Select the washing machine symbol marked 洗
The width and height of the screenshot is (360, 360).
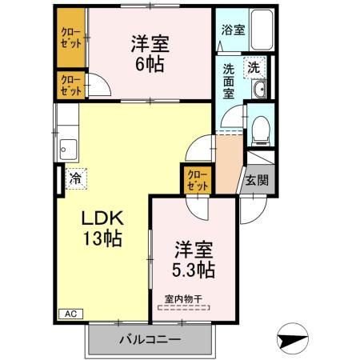[x=253, y=68]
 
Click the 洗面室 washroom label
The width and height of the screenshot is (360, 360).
[x=230, y=80]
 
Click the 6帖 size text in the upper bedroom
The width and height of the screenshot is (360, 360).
[x=149, y=65]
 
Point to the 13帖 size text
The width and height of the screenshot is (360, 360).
[x=100, y=238]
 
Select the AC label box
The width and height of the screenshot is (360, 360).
[x=69, y=314]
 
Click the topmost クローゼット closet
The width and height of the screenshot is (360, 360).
[x=70, y=38]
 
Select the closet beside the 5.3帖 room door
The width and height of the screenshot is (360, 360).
[x=196, y=180]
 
